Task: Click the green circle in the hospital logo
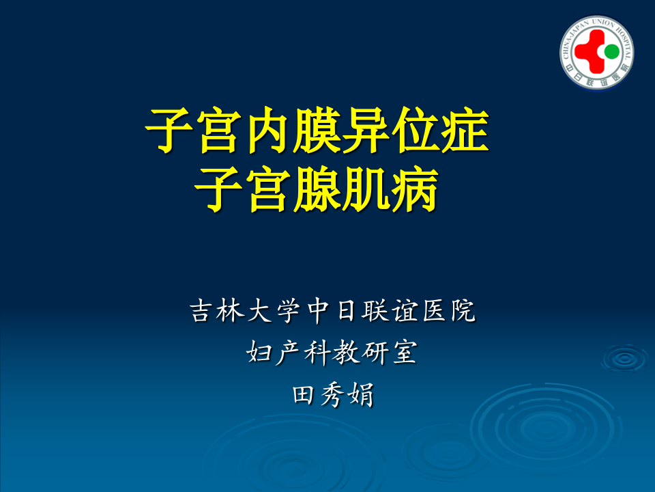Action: [611, 51]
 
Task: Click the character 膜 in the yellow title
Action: [316, 131]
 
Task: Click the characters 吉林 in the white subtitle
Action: [215, 312]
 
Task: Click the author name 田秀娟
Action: [332, 395]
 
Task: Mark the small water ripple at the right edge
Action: [624, 357]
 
